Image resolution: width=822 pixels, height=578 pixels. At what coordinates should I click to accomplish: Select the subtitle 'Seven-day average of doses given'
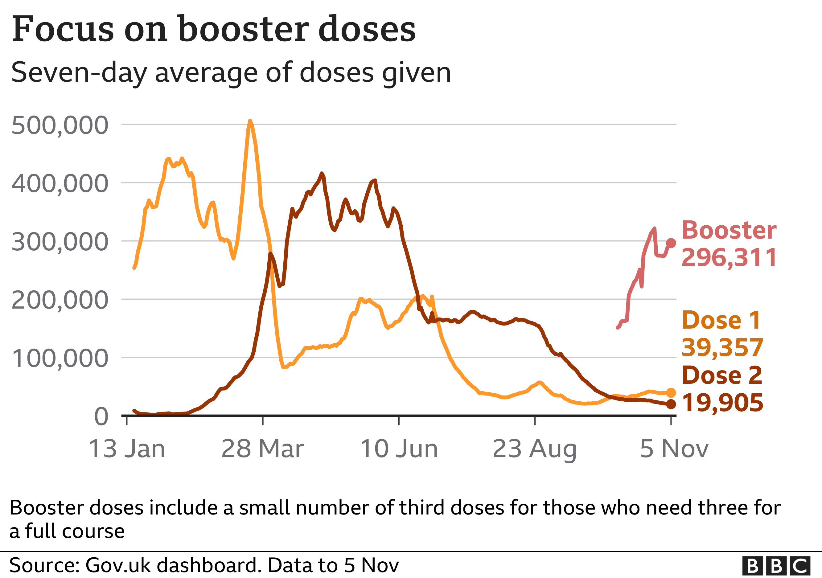231,73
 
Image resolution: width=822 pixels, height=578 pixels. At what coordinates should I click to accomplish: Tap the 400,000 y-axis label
60,184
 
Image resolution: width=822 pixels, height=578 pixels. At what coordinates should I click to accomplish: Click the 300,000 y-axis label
60,242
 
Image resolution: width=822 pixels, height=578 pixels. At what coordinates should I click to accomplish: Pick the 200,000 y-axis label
60,300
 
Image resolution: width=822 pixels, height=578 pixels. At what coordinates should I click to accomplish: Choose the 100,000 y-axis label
60,358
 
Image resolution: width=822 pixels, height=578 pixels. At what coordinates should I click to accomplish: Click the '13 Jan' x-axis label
127,449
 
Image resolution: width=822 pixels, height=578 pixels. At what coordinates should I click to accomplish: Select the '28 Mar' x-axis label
263,449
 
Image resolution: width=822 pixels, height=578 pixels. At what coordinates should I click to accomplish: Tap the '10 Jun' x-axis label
399,449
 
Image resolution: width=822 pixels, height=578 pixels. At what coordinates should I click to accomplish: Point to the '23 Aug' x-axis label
535,449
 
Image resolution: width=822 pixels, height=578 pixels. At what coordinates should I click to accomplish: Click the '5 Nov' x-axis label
674,449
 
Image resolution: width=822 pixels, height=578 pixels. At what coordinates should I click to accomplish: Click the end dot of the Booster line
671,243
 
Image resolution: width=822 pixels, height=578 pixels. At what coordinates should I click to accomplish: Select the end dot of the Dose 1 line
671,393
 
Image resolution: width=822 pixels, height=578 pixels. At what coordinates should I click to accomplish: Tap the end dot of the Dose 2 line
671,404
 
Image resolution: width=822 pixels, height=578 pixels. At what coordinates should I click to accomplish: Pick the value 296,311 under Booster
729,257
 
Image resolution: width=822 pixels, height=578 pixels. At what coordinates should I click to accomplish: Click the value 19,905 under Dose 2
722,403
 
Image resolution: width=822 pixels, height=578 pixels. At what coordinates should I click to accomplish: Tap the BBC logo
776,566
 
